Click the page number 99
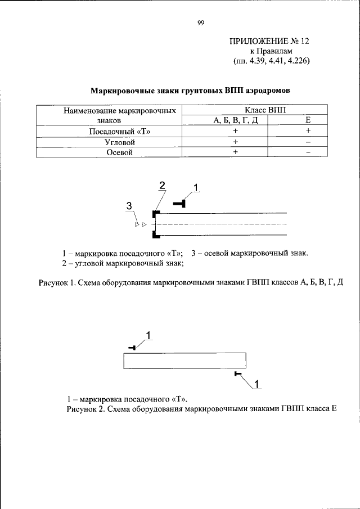click(x=200, y=22)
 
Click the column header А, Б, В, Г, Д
click(x=236, y=120)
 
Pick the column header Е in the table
click(x=308, y=120)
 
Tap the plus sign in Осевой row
click(x=236, y=152)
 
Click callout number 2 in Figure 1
click(x=162, y=186)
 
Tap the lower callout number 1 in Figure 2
click(x=256, y=385)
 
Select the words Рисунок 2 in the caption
click(x=85, y=409)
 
